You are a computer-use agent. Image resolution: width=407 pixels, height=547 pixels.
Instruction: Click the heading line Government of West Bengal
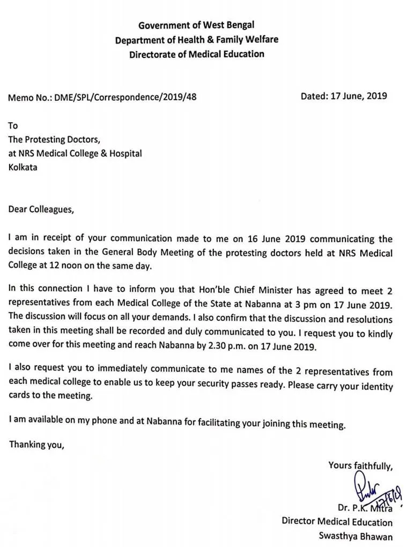pos(196,25)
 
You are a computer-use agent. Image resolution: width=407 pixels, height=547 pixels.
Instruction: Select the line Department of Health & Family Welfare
pos(196,39)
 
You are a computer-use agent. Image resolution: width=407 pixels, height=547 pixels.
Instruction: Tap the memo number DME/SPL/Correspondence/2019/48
pos(130,98)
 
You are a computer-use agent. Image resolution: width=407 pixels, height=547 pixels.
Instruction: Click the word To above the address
pos(13,125)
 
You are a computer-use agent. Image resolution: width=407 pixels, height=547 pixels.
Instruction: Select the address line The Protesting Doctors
pos(54,139)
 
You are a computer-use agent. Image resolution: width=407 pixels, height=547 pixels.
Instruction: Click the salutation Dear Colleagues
pos(40,209)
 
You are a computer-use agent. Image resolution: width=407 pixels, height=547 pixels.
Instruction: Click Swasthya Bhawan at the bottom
pos(355,536)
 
